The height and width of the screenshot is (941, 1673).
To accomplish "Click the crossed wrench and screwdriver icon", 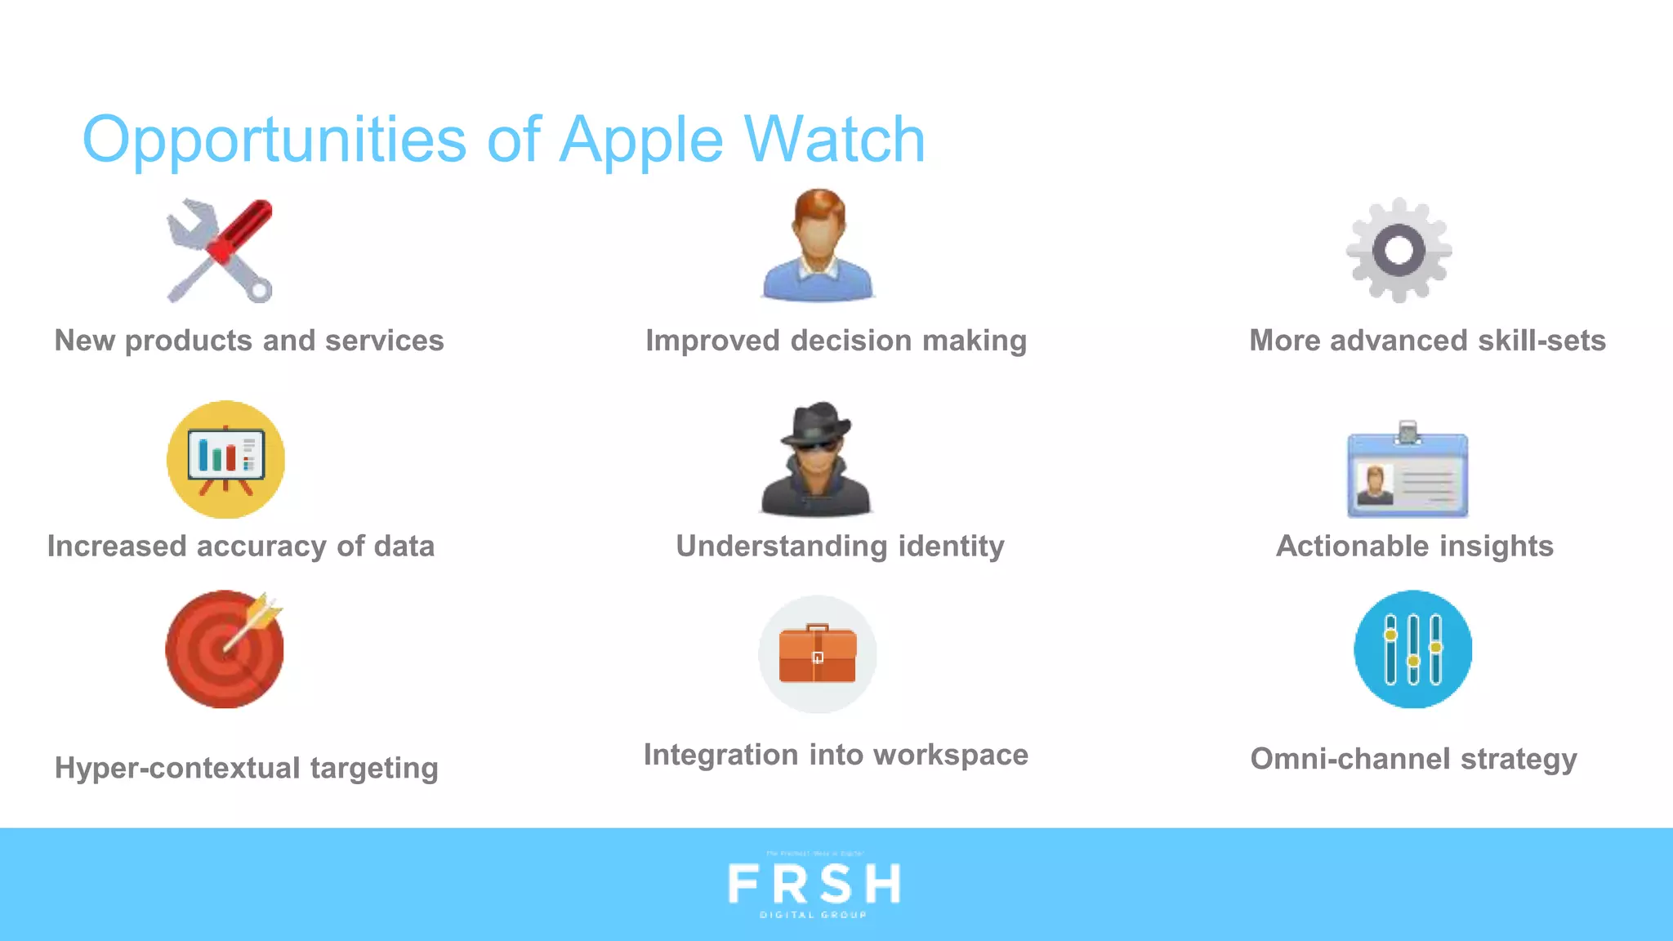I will [x=220, y=250].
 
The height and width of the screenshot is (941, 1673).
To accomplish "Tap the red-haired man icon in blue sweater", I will [x=818, y=245].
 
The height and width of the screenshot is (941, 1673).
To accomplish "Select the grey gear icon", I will [x=1399, y=250].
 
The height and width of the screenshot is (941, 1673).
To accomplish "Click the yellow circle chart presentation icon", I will [x=225, y=459].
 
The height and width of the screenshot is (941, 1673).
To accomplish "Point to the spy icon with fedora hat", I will [x=816, y=459].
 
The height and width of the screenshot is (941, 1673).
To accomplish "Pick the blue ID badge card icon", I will [x=1407, y=471].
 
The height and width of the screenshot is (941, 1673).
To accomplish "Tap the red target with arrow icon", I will [x=225, y=649].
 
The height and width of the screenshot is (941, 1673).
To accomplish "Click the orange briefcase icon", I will [x=817, y=653].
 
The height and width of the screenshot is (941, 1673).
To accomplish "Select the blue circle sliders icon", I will [x=1412, y=649].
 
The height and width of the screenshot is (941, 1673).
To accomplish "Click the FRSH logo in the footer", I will [x=814, y=885].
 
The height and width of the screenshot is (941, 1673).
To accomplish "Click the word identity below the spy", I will [x=951, y=546].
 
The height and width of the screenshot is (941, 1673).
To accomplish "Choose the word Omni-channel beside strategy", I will [x=1350, y=760].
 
